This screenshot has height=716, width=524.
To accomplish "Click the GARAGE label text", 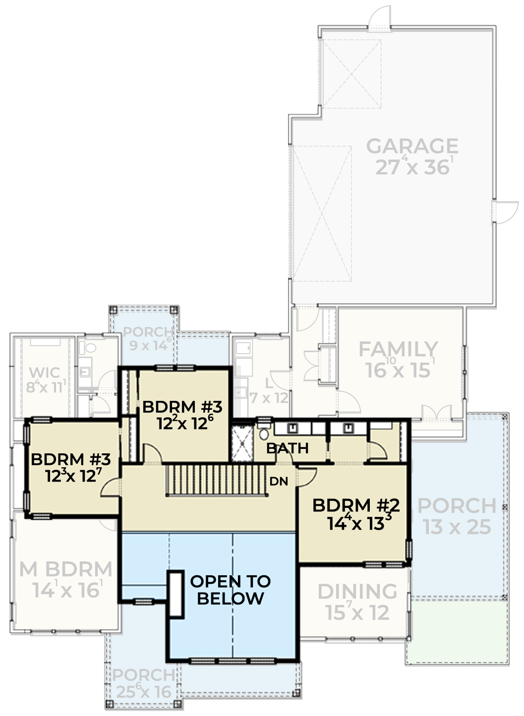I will pyautogui.click(x=412, y=146).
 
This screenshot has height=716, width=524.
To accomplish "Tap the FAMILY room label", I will pyautogui.click(x=398, y=349).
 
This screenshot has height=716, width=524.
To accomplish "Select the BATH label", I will pyautogui.click(x=288, y=448).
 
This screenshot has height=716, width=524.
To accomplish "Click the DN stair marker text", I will pyautogui.click(x=279, y=481).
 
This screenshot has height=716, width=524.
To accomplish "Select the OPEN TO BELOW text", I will pyautogui.click(x=230, y=590).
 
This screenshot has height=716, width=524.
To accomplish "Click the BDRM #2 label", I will pyautogui.click(x=356, y=505).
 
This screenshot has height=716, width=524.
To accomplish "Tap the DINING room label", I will pyautogui.click(x=357, y=592).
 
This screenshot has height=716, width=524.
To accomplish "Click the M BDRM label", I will pyautogui.click(x=66, y=569).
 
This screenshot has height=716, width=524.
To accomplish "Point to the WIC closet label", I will pyautogui.click(x=45, y=373).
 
